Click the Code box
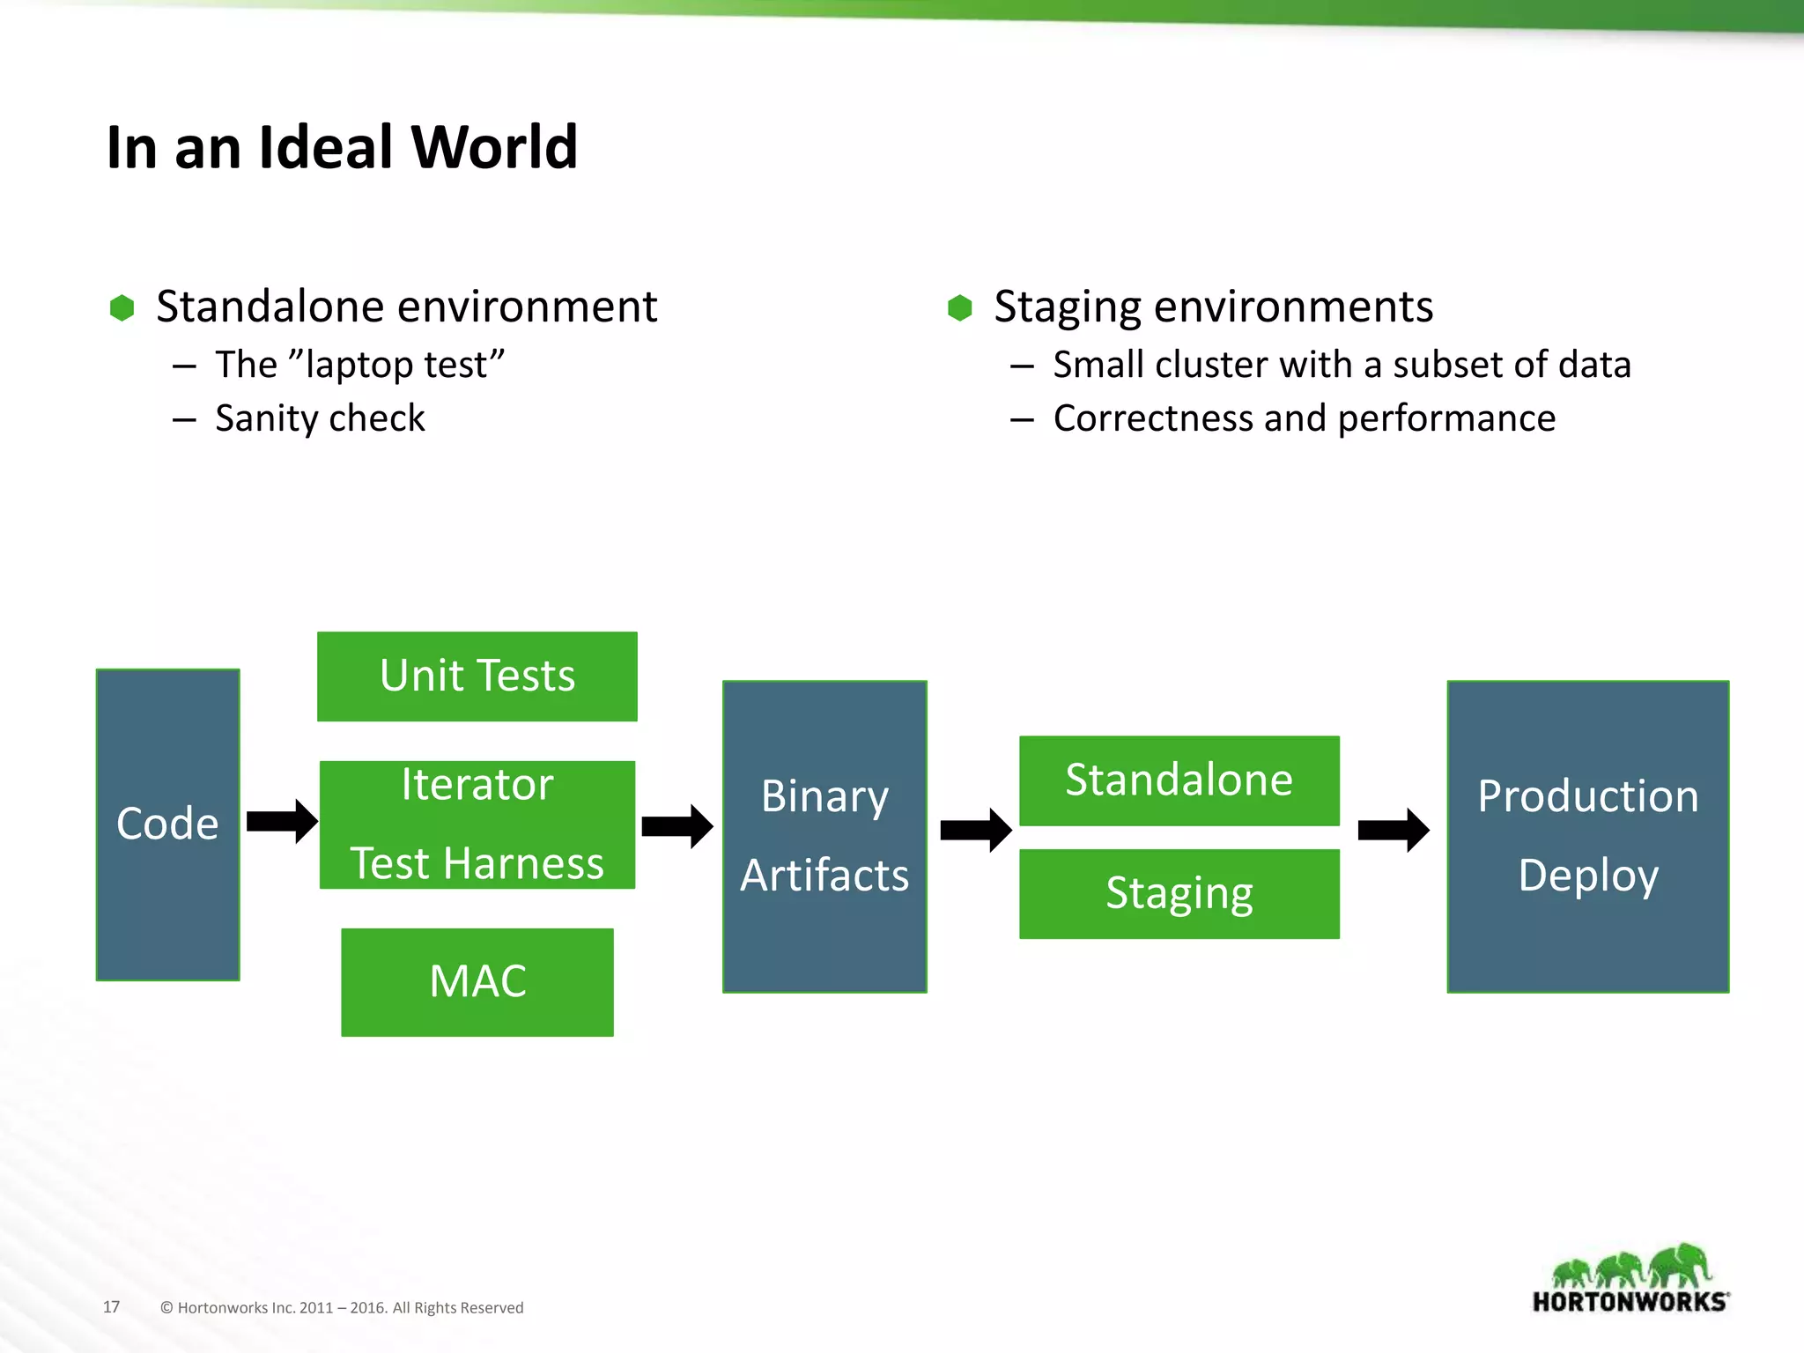167,824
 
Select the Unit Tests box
477,676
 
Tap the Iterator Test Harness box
477,824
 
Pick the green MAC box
477,981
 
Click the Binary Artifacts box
824,836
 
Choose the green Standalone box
1179,780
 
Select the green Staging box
1179,893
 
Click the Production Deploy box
1587,836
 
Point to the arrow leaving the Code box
281,822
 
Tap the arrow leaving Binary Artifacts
975,830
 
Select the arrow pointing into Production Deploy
1393,830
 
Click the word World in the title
494,147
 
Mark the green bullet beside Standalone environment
122,307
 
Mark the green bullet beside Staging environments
959,307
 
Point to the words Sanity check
320,418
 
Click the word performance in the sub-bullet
1445,418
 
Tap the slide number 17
111,1306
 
